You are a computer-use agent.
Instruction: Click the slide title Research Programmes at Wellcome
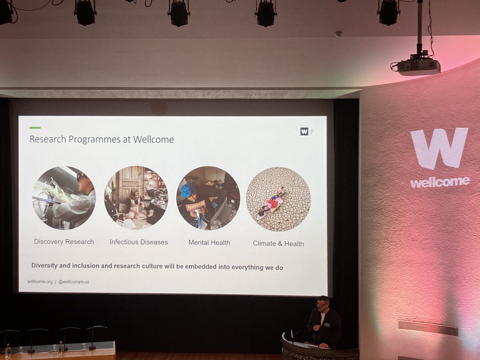(102, 140)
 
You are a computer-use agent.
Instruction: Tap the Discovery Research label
(64, 242)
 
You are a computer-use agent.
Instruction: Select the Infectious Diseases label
(139, 242)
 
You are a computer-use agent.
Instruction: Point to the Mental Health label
(209, 242)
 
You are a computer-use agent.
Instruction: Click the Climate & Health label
(278, 244)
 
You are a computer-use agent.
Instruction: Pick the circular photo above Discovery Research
(64, 198)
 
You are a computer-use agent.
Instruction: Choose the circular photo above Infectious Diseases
(136, 198)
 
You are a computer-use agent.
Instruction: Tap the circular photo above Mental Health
(208, 198)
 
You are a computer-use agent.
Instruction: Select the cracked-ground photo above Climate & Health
(278, 199)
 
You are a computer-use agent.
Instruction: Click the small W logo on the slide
(304, 131)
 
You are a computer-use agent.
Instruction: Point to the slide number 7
(312, 132)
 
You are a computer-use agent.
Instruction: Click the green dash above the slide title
(35, 128)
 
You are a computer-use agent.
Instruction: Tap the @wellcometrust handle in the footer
(74, 282)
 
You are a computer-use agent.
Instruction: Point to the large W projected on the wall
(439, 148)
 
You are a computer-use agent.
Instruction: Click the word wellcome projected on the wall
(440, 182)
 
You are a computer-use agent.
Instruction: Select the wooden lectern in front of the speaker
(320, 350)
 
